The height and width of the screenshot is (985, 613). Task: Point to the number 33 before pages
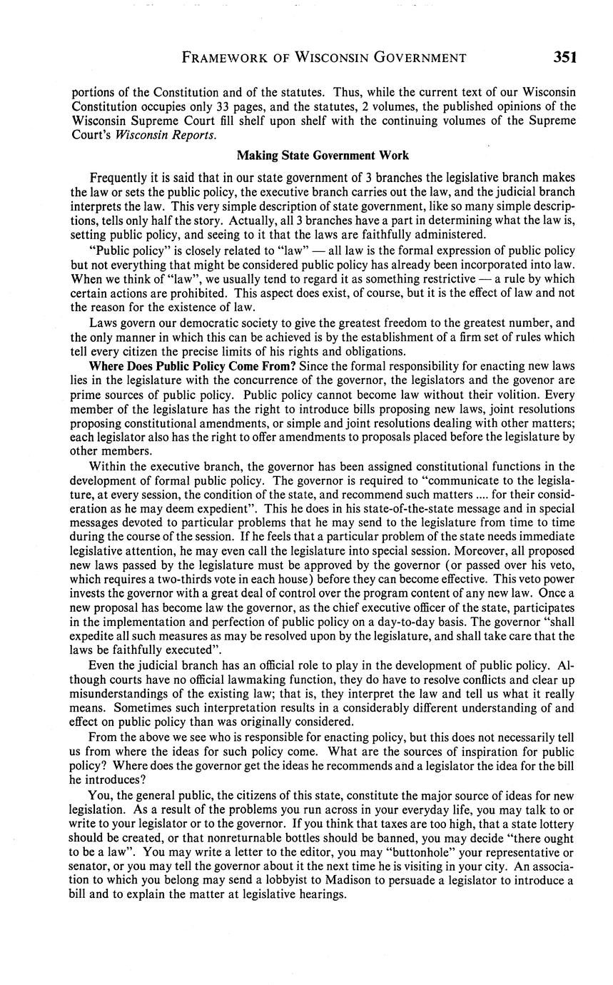(x=224, y=106)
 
